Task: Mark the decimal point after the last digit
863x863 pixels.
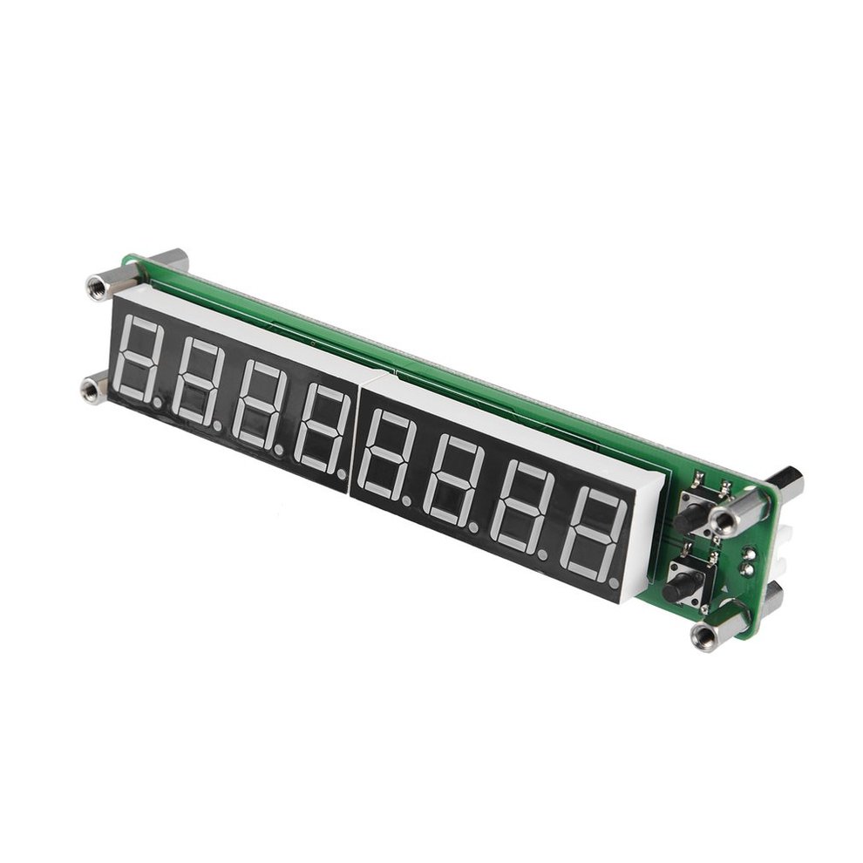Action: [616, 581]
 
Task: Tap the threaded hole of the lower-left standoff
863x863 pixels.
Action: [90, 391]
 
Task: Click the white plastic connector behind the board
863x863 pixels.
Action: [778, 553]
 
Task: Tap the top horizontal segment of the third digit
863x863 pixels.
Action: [267, 370]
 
